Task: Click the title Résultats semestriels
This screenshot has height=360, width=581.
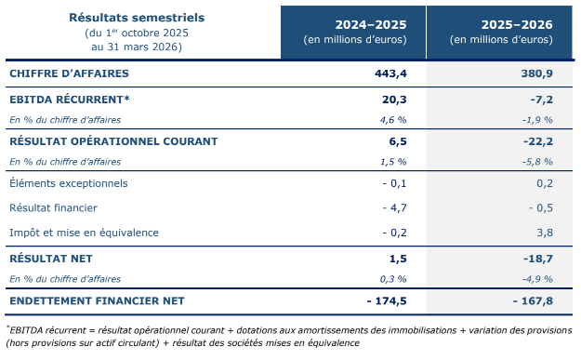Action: coord(137,18)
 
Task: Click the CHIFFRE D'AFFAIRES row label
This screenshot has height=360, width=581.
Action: coord(70,73)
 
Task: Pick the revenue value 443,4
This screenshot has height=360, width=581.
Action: coord(390,73)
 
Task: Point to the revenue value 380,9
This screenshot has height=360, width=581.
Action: coord(537,73)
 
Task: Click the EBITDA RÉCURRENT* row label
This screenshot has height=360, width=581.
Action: coord(70,100)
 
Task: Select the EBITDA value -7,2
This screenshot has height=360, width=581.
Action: coord(541,100)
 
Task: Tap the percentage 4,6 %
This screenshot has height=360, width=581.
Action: coord(393,120)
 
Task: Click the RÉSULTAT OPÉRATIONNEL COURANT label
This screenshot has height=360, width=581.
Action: coord(113,141)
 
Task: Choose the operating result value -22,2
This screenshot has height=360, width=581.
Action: coord(538,141)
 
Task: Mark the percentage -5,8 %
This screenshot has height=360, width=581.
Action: coord(537,162)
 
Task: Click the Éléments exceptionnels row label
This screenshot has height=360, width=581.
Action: coord(69,183)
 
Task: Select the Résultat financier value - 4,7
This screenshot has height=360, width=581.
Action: coord(395,207)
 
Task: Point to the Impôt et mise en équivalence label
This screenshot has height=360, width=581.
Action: coord(84,233)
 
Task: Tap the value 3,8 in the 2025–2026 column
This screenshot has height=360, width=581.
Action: coord(545,233)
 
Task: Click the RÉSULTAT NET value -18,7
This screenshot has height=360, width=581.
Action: coord(538,259)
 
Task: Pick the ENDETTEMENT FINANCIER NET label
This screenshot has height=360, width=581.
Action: coord(97,300)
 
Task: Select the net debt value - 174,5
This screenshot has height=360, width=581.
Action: coord(387,300)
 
